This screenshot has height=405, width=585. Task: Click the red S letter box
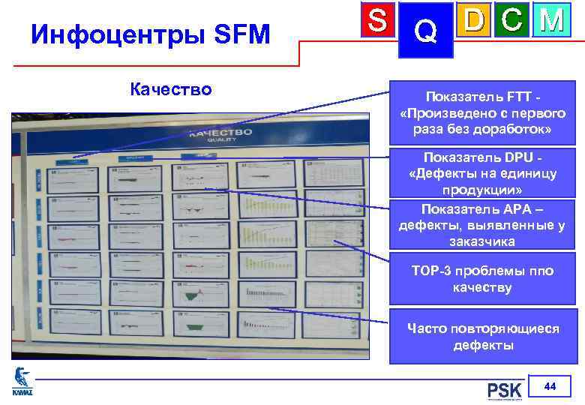(374, 21)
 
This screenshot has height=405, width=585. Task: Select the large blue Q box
(425, 31)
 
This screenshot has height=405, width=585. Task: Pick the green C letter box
(512, 21)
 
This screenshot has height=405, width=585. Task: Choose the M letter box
(552, 21)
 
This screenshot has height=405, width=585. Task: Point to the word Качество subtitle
(171, 90)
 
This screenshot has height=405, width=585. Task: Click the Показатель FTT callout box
(482, 113)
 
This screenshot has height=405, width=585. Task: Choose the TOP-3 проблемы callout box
(482, 279)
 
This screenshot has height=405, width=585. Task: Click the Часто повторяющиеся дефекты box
(482, 337)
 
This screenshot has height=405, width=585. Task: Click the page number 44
(550, 386)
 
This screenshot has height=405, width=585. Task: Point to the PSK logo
(504, 391)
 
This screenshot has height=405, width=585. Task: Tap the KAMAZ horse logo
(22, 379)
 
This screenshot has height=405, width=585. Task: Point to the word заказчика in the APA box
(482, 241)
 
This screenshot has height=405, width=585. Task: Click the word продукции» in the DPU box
(482, 190)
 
